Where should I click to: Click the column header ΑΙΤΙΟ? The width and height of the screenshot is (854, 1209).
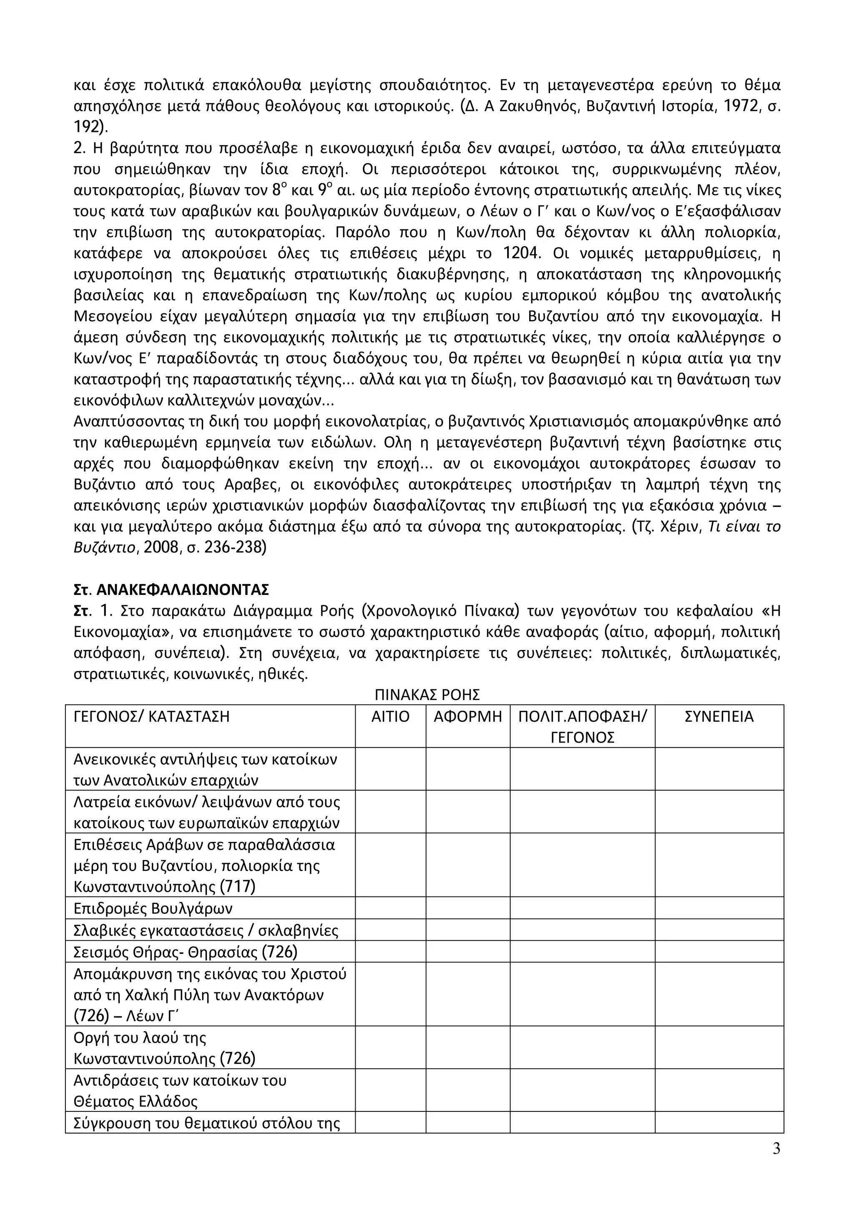click(x=390, y=717)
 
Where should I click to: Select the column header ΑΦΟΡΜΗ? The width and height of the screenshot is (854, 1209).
click(x=468, y=717)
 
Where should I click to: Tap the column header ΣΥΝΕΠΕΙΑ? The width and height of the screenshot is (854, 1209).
click(x=719, y=717)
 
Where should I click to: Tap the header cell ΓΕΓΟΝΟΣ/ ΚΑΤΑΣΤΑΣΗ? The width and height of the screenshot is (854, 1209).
click(x=151, y=717)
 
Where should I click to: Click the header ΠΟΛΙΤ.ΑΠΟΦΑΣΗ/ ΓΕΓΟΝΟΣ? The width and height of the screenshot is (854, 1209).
click(x=582, y=727)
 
